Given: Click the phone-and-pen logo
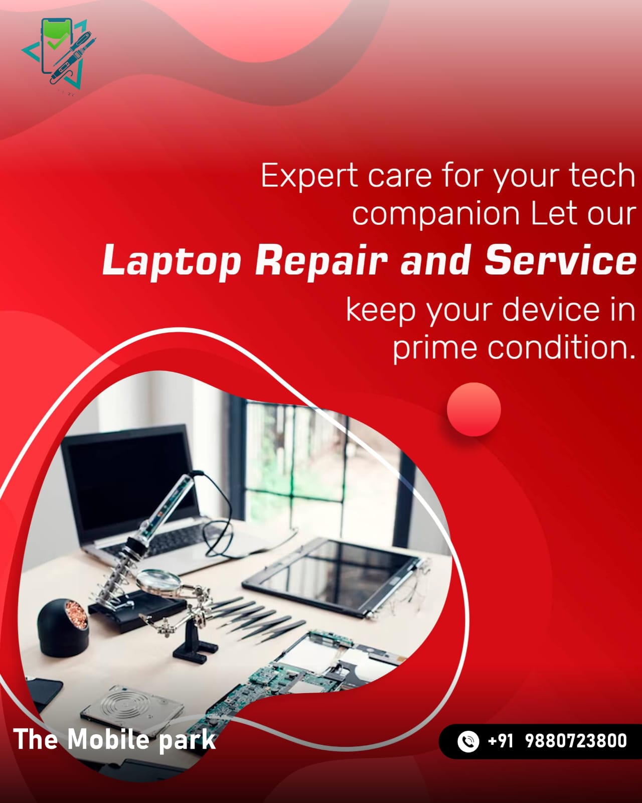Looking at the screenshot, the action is point(59,54).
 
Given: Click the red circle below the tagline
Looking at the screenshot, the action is point(474,409).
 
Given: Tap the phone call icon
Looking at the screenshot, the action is point(468,741).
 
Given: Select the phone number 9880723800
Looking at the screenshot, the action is point(576,741).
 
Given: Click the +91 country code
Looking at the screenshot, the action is point(501,741).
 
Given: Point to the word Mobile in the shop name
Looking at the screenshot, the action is point(108,739).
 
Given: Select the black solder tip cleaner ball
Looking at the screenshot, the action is point(63,627).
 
